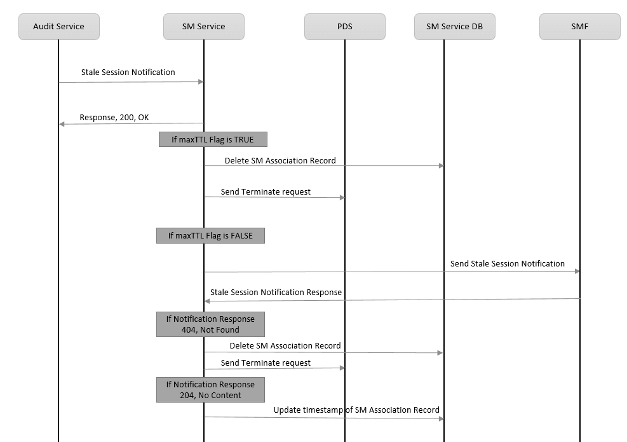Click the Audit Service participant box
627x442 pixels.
click(58, 27)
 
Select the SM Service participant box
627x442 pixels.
click(203, 27)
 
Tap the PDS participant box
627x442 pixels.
click(344, 27)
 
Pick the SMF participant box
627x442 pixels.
click(579, 27)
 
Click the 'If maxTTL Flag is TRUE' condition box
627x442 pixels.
click(213, 139)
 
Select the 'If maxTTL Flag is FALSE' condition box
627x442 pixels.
click(210, 235)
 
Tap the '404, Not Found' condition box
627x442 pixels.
click(210, 324)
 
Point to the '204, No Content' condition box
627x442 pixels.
click(210, 389)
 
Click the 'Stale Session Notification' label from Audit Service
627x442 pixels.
click(128, 73)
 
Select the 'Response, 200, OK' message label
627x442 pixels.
click(114, 118)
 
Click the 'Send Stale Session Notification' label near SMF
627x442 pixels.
click(507, 263)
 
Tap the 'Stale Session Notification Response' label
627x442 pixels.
click(276, 293)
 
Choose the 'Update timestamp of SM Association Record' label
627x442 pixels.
click(356, 410)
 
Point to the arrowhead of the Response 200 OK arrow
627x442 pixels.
click(62, 124)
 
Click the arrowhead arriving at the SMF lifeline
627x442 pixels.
click(577, 272)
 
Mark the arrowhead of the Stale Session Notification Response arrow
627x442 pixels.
click(207, 301)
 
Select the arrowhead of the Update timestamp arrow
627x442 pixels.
click(441, 418)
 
